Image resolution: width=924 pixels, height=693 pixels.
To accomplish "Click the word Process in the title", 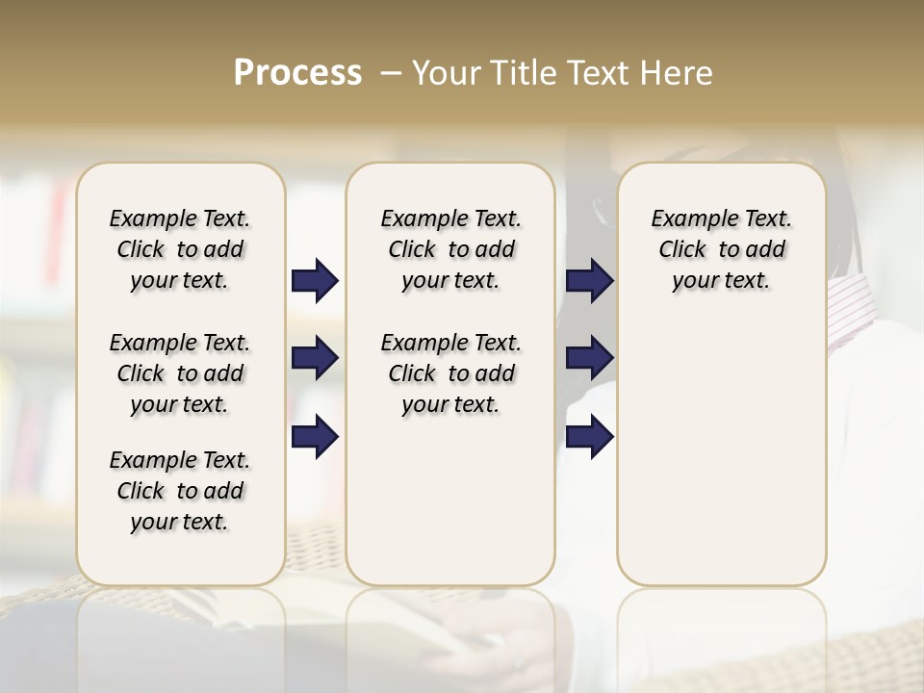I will pyautogui.click(x=297, y=72).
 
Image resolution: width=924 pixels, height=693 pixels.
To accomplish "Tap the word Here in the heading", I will pyautogui.click(x=676, y=73).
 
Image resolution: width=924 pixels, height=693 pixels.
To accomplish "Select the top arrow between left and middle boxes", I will pyautogui.click(x=315, y=281).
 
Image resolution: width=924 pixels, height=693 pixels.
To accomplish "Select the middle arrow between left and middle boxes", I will pyautogui.click(x=315, y=359).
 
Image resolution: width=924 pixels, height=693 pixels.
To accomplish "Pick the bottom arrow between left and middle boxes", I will pyautogui.click(x=315, y=436).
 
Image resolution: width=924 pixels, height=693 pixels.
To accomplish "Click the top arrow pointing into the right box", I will pyautogui.click(x=589, y=281).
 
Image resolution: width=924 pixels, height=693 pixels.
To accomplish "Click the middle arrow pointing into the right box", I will pyautogui.click(x=589, y=359).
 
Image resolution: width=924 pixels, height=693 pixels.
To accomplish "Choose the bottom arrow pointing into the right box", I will pyautogui.click(x=589, y=436).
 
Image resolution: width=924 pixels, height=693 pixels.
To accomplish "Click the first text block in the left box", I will pyautogui.click(x=180, y=249).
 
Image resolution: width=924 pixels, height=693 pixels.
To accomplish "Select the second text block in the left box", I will pyautogui.click(x=180, y=373).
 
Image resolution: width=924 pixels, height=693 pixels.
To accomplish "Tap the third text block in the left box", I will pyautogui.click(x=180, y=491).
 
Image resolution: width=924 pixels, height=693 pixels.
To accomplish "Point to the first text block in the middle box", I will pyautogui.click(x=451, y=249).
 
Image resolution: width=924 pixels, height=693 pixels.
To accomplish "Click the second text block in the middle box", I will pyautogui.click(x=451, y=373).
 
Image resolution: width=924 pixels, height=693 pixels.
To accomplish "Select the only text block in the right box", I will pyautogui.click(x=722, y=249).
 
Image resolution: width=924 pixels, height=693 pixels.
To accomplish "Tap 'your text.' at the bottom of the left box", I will pyautogui.click(x=180, y=522).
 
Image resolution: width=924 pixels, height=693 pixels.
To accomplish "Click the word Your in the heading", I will pyautogui.click(x=448, y=73).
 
